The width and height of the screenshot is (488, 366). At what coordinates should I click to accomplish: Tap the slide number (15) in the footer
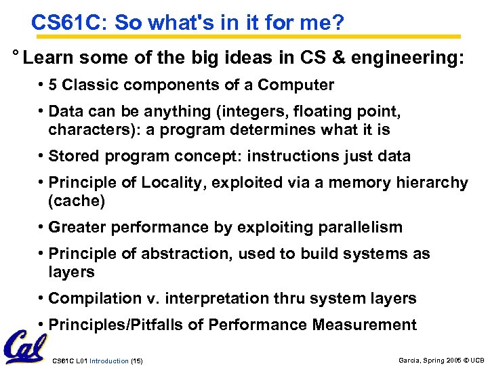[x=136, y=359]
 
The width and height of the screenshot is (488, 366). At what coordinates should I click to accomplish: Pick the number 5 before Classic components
[x=54, y=85]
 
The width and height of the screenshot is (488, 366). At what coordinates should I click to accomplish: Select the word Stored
[x=75, y=156]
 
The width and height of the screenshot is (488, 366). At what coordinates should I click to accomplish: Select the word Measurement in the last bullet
[x=364, y=325]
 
